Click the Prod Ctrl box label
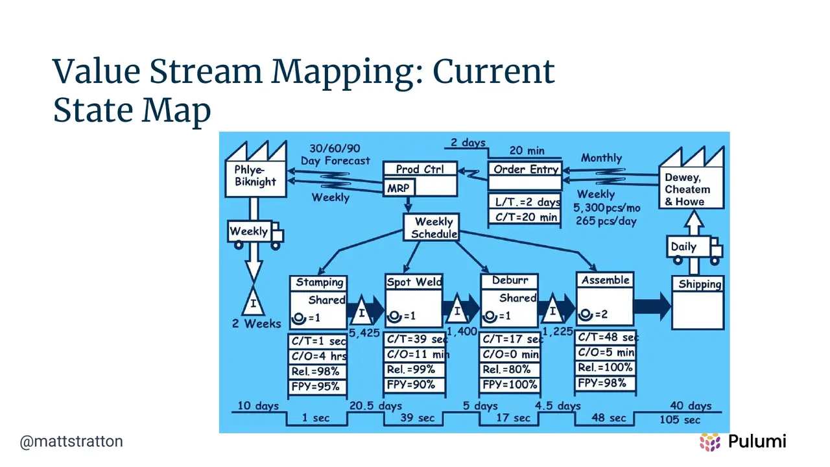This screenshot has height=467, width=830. (420, 169)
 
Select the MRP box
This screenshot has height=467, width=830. (399, 187)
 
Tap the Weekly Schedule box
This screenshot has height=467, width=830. (432, 228)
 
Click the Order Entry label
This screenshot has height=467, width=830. (525, 170)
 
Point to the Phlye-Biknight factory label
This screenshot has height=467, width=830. (255, 176)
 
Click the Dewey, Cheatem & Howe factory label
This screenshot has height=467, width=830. (688, 189)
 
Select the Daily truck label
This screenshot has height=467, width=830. (683, 247)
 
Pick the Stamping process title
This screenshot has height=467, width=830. (320, 282)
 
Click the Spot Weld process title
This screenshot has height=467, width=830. (414, 282)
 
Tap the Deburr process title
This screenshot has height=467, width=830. (510, 281)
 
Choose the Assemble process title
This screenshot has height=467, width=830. (606, 280)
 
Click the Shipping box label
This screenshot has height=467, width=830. (700, 284)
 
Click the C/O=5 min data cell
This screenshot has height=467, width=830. (606, 352)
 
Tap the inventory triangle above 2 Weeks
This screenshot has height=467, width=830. (253, 302)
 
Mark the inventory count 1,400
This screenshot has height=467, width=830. (462, 331)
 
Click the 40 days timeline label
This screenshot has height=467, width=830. (691, 405)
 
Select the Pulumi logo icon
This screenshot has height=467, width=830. (710, 442)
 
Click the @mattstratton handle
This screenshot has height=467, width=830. (71, 442)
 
